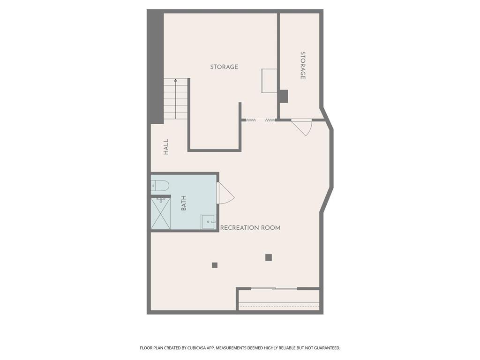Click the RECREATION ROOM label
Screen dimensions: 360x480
pos(250,228)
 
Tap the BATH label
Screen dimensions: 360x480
pos(184,202)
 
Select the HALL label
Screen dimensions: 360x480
pos(166,147)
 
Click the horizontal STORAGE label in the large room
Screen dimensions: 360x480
pos(224,67)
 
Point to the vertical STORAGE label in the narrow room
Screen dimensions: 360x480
pos(303,66)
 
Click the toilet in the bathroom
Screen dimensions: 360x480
pos(160,186)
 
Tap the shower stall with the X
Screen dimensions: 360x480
pos(160,213)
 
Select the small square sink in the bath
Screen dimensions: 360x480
pos(208,221)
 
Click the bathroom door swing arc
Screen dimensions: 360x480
pos(225,193)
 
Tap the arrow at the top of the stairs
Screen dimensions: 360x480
pos(175,81)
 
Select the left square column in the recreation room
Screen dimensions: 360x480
pos(215,265)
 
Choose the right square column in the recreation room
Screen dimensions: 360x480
pos(269,257)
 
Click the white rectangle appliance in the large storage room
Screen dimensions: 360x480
pos(269,80)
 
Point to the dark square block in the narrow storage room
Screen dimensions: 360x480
pos(283,96)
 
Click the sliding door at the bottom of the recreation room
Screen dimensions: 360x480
pos(274,288)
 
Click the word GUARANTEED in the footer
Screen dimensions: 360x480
pos(324,348)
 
